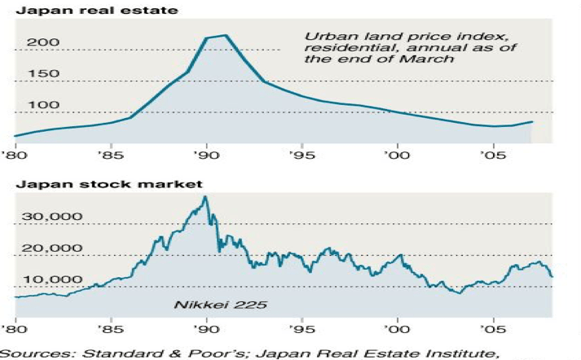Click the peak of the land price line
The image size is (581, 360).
[x=225, y=35]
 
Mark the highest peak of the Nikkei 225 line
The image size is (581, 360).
[x=205, y=197]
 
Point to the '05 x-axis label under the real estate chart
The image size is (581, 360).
[x=493, y=154]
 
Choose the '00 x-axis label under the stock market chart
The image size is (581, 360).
[x=398, y=331]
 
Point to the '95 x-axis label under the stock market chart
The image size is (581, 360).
[x=302, y=331]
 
